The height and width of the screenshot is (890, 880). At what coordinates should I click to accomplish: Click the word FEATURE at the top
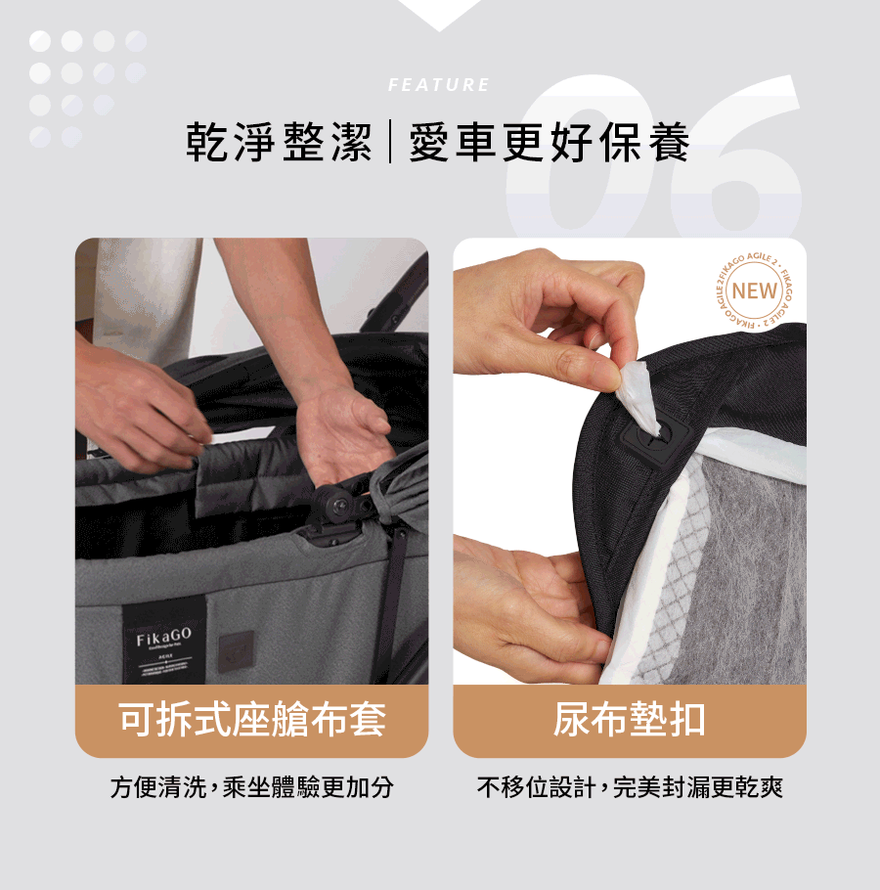point(439,85)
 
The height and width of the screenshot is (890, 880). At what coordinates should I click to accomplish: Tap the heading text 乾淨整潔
point(280,144)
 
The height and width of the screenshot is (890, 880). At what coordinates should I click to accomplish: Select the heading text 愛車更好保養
point(550,144)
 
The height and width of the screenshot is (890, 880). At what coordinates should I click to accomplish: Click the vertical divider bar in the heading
point(390,144)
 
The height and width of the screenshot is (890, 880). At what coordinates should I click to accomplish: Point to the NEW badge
point(754,290)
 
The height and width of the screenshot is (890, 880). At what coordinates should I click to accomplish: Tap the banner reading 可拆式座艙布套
point(251,721)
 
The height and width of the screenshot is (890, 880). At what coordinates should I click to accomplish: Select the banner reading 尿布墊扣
point(629,721)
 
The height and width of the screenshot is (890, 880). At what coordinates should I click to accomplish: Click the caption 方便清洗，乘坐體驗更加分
point(251,787)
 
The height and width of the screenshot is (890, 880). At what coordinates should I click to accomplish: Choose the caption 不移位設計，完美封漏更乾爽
point(629,787)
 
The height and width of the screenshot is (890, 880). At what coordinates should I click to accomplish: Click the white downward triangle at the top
point(439,13)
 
